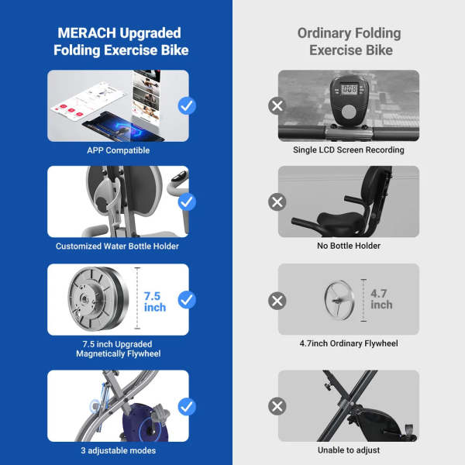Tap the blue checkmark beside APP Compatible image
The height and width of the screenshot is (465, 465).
[x=187, y=105]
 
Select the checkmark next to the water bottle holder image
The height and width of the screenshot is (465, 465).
[x=187, y=202]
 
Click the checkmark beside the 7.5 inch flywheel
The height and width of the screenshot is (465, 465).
[x=187, y=299]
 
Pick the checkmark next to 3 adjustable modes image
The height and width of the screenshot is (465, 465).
[x=187, y=405]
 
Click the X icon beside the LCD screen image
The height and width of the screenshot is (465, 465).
[x=277, y=105]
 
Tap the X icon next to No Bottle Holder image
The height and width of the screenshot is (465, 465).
[x=277, y=202]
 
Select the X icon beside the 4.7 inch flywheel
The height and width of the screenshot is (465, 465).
[x=277, y=299]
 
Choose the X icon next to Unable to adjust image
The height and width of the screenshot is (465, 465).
[x=277, y=405]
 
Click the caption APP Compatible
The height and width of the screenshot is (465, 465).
[x=118, y=150]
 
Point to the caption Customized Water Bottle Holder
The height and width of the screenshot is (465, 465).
[x=118, y=246]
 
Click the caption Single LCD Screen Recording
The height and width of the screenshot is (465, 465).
[x=349, y=150]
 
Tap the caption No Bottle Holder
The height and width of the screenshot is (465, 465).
[x=349, y=246]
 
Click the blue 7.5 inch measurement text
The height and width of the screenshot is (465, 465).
[x=155, y=301]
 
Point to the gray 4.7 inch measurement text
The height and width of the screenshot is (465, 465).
[x=381, y=299]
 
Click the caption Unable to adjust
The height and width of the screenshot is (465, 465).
[x=349, y=450]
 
